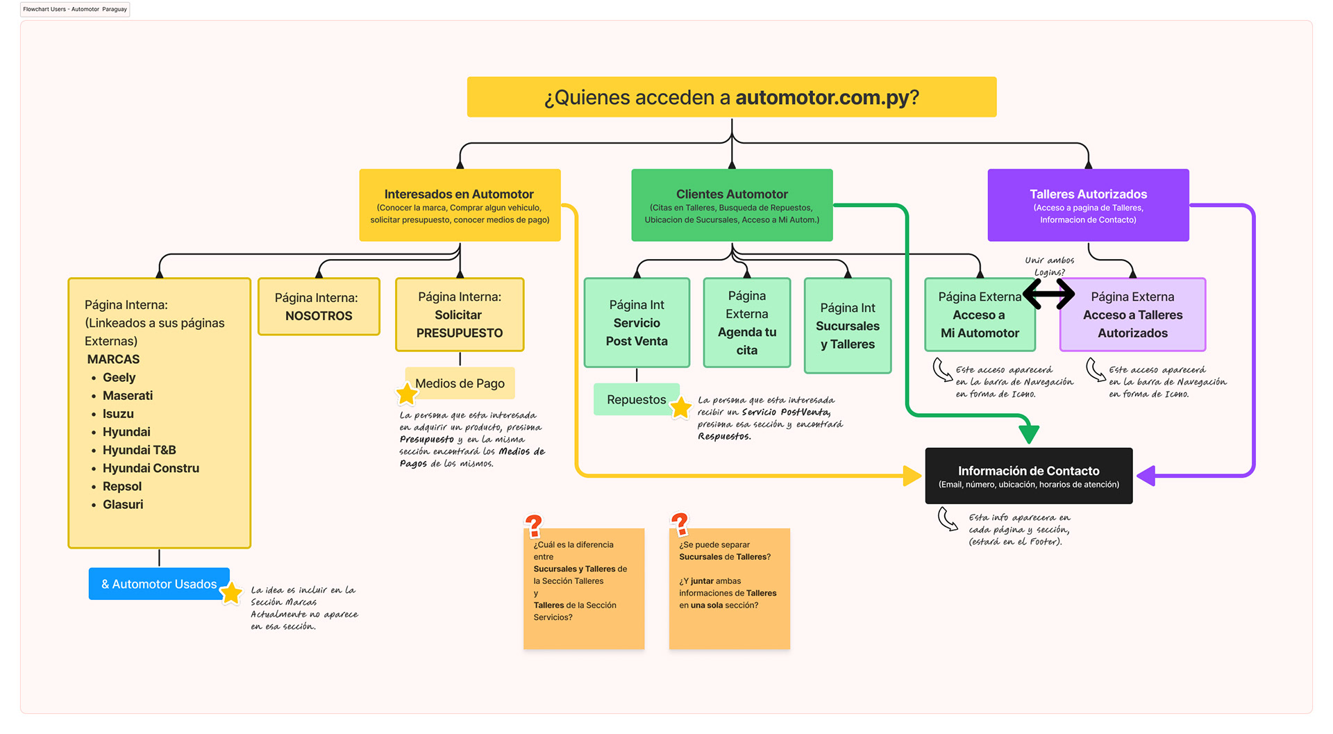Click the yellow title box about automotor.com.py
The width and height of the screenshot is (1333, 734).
(x=732, y=97)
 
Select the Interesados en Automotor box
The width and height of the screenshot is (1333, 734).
(x=460, y=206)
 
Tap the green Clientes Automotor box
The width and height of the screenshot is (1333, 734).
(x=732, y=206)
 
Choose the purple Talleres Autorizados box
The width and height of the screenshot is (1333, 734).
(x=1088, y=206)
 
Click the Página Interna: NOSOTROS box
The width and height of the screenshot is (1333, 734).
(x=319, y=307)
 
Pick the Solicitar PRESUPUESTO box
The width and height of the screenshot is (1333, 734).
(x=459, y=315)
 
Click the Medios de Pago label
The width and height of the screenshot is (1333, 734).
(x=460, y=383)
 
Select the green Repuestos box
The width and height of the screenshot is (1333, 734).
(x=635, y=400)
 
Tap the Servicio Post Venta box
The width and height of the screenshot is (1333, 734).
(x=637, y=323)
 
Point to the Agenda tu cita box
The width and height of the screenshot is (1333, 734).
(x=746, y=323)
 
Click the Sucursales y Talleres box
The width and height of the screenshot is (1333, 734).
(x=847, y=326)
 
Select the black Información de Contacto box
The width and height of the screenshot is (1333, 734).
(x=1028, y=476)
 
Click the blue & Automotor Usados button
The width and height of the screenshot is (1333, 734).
(x=159, y=584)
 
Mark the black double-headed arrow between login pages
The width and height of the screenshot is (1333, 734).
(x=1048, y=294)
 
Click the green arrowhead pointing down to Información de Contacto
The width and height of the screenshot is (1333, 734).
(x=1028, y=433)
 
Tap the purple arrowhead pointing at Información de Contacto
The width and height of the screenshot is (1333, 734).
(x=1146, y=476)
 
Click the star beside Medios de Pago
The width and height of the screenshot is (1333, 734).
(x=407, y=394)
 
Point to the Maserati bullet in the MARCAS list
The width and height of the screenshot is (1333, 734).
(x=128, y=396)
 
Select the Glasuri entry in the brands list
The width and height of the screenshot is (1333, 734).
(x=123, y=505)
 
